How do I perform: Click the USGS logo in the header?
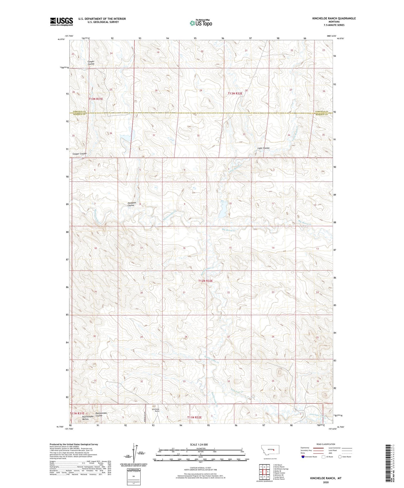(x=62, y=21)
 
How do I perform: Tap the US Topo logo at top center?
(x=201, y=23)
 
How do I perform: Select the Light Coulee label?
(x=263, y=148)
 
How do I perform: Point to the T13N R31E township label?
(x=96, y=99)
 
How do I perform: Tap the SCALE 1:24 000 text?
(x=199, y=444)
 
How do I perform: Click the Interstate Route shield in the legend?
(x=303, y=457)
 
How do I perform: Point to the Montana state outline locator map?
(x=270, y=450)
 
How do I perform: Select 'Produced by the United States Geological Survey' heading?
(x=74, y=444)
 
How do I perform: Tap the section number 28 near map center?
(x=186, y=337)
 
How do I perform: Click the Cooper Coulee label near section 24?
(x=91, y=63)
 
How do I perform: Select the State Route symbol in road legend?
(x=340, y=457)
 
